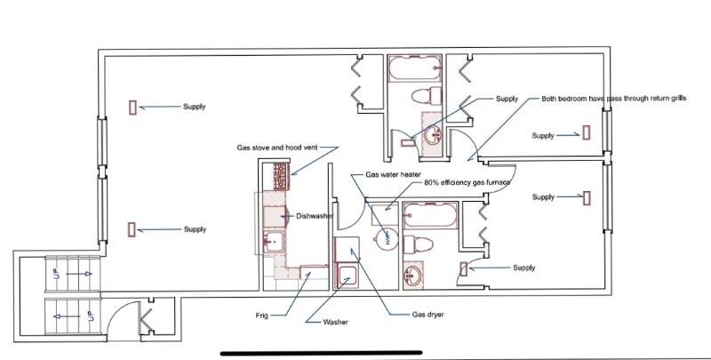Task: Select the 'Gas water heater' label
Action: (393, 174)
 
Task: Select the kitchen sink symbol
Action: (273, 239)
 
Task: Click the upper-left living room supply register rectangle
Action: (132, 108)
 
